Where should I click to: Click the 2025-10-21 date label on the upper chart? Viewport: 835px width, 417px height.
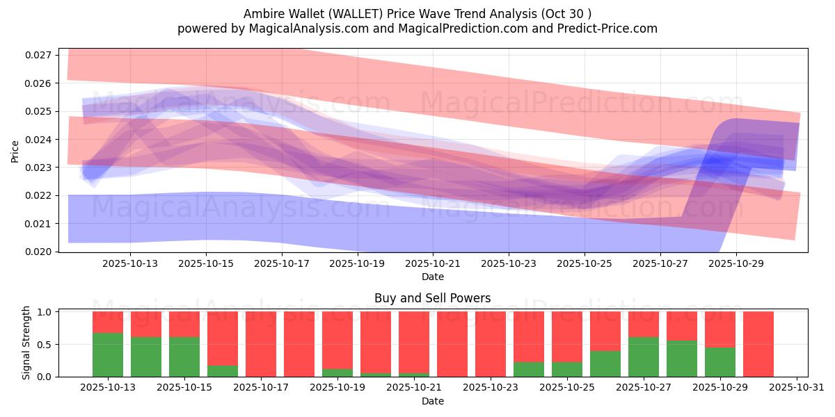[x=433, y=264]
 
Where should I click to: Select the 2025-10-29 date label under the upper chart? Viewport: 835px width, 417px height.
[x=736, y=264]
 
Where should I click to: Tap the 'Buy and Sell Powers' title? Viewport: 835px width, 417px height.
[x=432, y=298]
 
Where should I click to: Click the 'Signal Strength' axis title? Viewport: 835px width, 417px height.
[x=26, y=343]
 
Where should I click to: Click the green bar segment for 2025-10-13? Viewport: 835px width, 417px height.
[x=108, y=354]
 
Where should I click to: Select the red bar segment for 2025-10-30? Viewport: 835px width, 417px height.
[x=758, y=344]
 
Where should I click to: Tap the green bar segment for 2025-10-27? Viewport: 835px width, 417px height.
[x=644, y=357]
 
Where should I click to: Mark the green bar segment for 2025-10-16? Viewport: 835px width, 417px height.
[x=223, y=371]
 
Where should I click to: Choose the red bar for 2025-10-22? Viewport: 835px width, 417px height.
[x=452, y=344]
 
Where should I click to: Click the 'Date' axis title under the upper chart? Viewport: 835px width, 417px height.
[x=432, y=277]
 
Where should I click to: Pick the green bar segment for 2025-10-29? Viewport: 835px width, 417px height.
[x=720, y=361]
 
